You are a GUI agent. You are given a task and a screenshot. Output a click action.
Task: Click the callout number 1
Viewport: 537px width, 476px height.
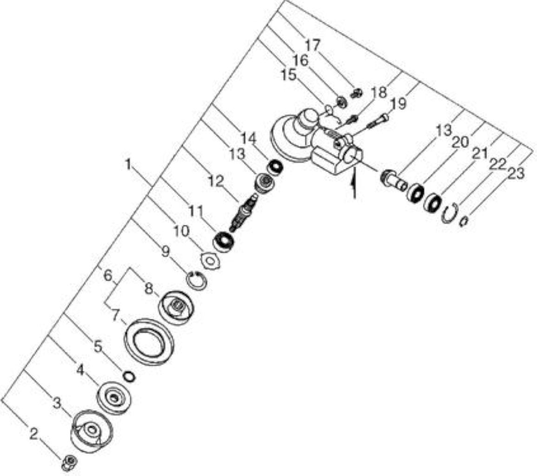tap(128, 165)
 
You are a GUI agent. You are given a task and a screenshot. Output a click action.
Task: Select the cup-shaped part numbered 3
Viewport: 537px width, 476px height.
tap(92, 431)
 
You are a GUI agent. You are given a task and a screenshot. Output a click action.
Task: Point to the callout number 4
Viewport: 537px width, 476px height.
tap(80, 370)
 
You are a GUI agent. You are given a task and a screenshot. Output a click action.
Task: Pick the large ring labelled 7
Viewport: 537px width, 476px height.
tap(149, 341)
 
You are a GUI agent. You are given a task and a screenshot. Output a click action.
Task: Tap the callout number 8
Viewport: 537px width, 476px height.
tap(148, 289)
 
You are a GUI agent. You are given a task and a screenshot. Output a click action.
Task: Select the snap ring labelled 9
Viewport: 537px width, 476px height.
tap(196, 280)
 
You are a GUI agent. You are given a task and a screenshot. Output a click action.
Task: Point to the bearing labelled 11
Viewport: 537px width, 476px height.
tap(224, 241)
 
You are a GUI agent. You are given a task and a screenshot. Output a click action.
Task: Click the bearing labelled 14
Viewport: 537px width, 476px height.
tap(275, 168)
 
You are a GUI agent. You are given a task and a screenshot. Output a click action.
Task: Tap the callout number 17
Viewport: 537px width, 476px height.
tap(312, 45)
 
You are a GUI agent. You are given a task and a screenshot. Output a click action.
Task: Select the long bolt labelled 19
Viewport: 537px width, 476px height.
tap(378, 121)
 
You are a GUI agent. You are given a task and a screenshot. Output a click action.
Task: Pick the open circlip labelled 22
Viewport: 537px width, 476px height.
tap(450, 212)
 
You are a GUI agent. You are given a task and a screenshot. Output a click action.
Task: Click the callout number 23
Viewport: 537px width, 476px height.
tap(516, 174)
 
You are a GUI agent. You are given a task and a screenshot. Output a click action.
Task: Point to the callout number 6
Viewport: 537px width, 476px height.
tap(108, 275)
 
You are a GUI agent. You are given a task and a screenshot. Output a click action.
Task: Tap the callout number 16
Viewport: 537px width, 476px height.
tap(301, 60)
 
